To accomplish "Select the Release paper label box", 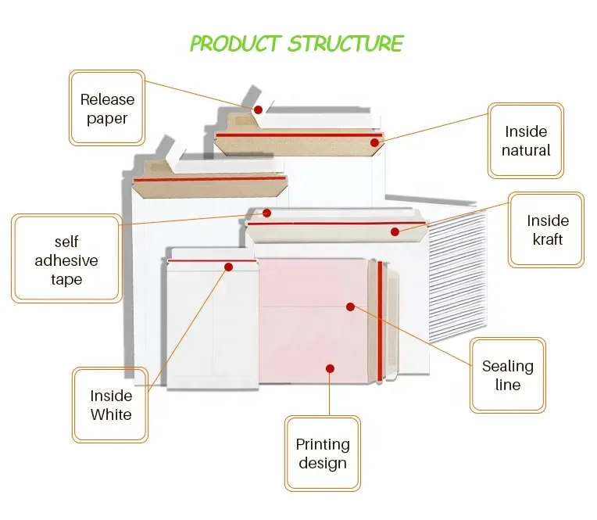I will [x=107, y=109].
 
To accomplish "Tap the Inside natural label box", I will [x=525, y=141].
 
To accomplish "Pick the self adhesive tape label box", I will [x=66, y=259].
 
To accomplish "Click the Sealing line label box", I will [x=507, y=375].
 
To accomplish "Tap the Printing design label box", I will [x=322, y=454].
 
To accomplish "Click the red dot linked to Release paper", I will [x=258, y=110].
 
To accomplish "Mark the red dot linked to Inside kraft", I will [x=395, y=231].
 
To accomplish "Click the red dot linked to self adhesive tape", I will [x=267, y=213].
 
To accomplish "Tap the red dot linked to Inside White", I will [x=229, y=267].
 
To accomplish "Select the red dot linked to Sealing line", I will [x=351, y=307].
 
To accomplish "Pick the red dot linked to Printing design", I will [x=330, y=368].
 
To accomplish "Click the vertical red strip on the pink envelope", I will [x=381, y=321].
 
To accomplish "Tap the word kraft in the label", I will [x=547, y=239].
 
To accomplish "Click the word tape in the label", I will [x=66, y=279].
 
